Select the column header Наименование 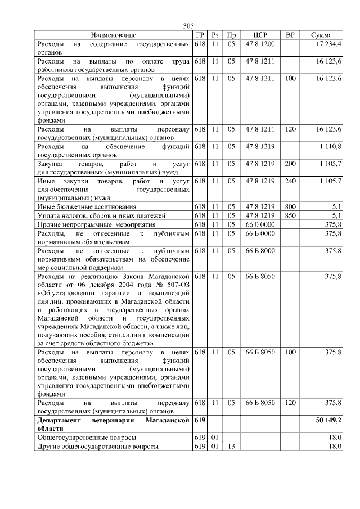[113, 35]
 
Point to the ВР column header [290, 35]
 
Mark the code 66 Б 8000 [260, 250]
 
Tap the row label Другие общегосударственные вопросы [97, 446]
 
